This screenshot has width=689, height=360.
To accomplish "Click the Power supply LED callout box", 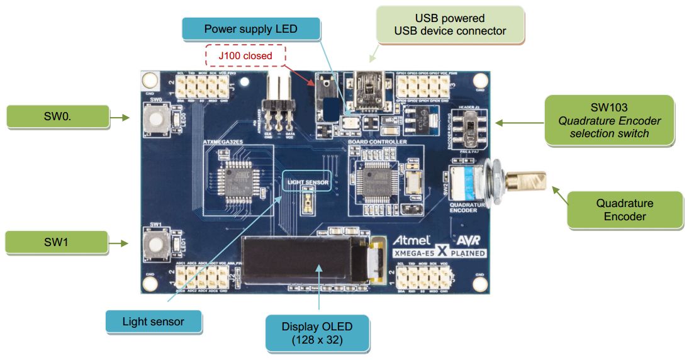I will coord(250,30).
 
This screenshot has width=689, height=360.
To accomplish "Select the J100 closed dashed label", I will coord(245,56).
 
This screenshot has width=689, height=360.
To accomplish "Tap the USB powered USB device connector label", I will coord(450,25).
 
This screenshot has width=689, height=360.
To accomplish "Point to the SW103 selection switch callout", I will coord(609,120).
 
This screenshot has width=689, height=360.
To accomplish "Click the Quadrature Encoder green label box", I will coord(624,210).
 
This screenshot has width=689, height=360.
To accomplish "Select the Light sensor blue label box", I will coord(153,322).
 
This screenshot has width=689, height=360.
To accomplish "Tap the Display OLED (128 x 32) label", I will coord(317,334).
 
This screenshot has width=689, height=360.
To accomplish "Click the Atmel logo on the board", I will coord(412,240).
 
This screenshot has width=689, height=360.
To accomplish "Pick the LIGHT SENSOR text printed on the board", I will coord(308,183).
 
